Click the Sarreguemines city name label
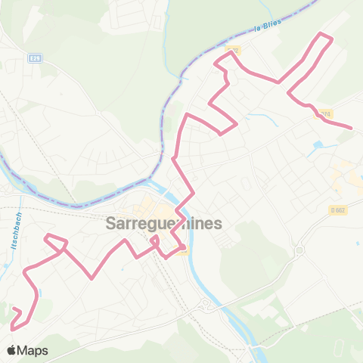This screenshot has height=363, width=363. (164, 224)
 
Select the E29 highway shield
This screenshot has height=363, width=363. (36, 57)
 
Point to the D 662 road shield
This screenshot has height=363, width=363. (337, 209)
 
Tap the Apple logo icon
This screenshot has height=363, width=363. (12, 351)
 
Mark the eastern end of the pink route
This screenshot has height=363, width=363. (352, 128)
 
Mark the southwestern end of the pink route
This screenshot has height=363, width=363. (12, 328)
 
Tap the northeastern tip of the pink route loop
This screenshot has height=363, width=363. (324, 35)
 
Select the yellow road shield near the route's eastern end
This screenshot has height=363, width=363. (325, 114)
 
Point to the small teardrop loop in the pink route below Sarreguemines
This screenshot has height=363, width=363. (155, 240)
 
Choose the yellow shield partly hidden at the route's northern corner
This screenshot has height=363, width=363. (233, 51)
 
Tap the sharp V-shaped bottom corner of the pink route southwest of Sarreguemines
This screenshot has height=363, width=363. (92, 278)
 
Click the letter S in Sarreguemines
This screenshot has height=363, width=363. (112, 224)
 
